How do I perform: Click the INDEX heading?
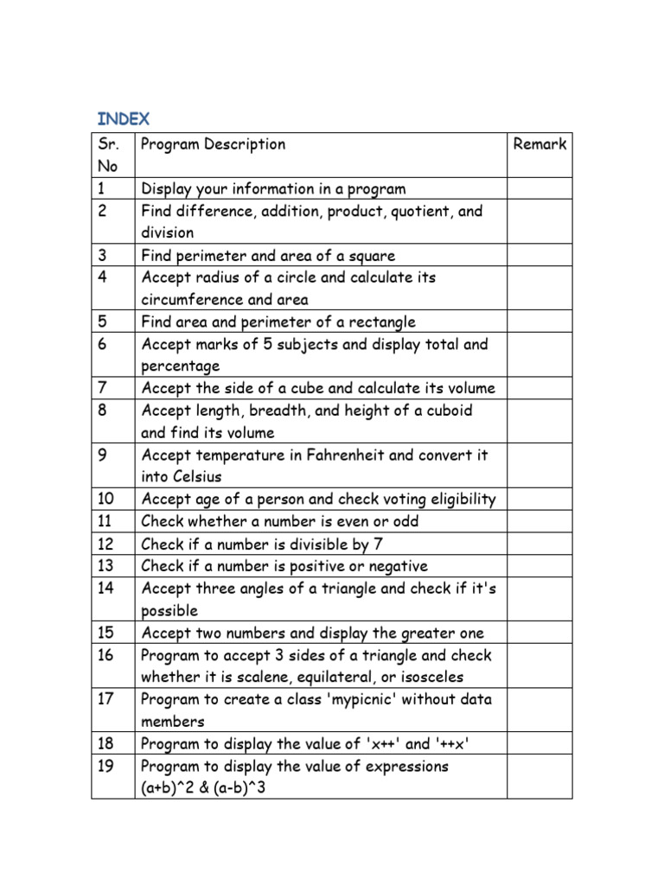[x=123, y=118]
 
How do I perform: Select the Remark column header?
[x=539, y=144]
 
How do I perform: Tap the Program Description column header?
[x=213, y=144]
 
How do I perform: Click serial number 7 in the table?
[x=102, y=388]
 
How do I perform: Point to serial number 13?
[x=105, y=566]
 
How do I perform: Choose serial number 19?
[x=105, y=767]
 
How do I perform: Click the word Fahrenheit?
[x=352, y=455]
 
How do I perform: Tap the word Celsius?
[x=194, y=477]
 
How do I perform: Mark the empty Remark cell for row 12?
[x=539, y=544]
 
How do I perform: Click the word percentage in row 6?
[x=181, y=366]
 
